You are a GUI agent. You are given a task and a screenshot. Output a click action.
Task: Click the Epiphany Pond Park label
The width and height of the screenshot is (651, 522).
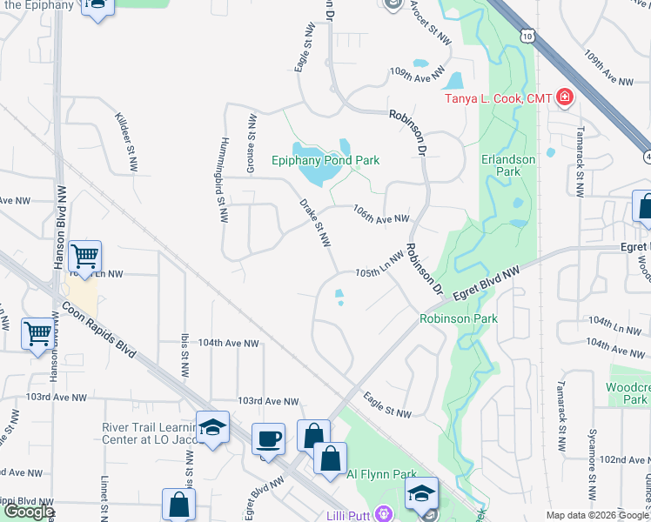tap(325, 160)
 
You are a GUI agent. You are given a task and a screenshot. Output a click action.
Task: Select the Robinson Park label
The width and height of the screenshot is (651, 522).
tap(459, 319)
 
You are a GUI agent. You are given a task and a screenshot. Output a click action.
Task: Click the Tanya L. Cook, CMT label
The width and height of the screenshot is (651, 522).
tap(499, 98)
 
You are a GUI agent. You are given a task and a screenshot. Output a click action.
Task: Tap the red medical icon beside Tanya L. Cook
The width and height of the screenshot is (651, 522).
tap(565, 97)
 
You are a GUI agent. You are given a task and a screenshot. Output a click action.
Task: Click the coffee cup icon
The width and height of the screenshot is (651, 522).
tap(269, 438)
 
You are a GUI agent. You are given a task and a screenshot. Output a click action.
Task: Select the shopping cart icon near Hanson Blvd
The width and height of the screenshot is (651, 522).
tap(85, 255)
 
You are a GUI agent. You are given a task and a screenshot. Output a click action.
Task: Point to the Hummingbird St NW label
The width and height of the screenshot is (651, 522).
tap(222, 171)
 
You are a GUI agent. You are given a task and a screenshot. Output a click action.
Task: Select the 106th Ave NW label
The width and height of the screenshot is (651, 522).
tap(380, 214)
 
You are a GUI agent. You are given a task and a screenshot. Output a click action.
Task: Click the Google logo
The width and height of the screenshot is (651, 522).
tap(29, 512)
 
